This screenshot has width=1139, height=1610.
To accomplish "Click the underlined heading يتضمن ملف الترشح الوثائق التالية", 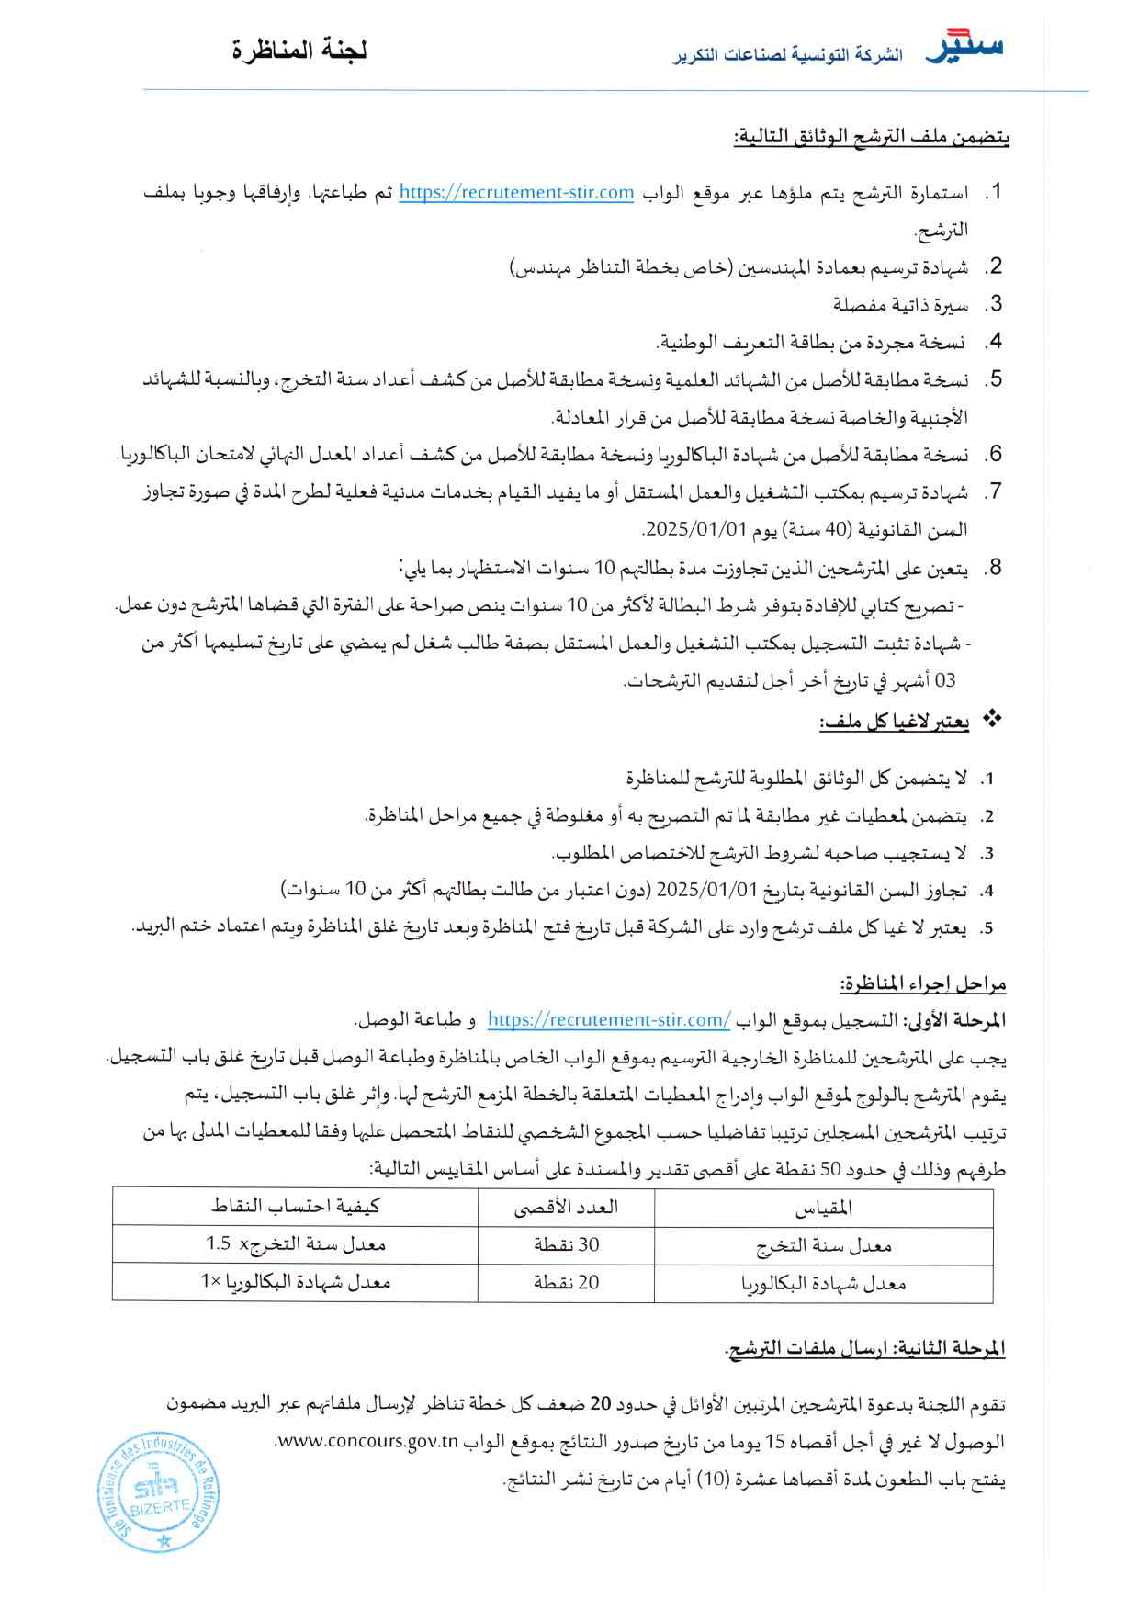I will [871, 137].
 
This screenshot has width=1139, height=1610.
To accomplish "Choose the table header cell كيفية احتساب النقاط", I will [295, 1207].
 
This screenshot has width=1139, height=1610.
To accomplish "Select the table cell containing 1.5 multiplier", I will [295, 1244].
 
